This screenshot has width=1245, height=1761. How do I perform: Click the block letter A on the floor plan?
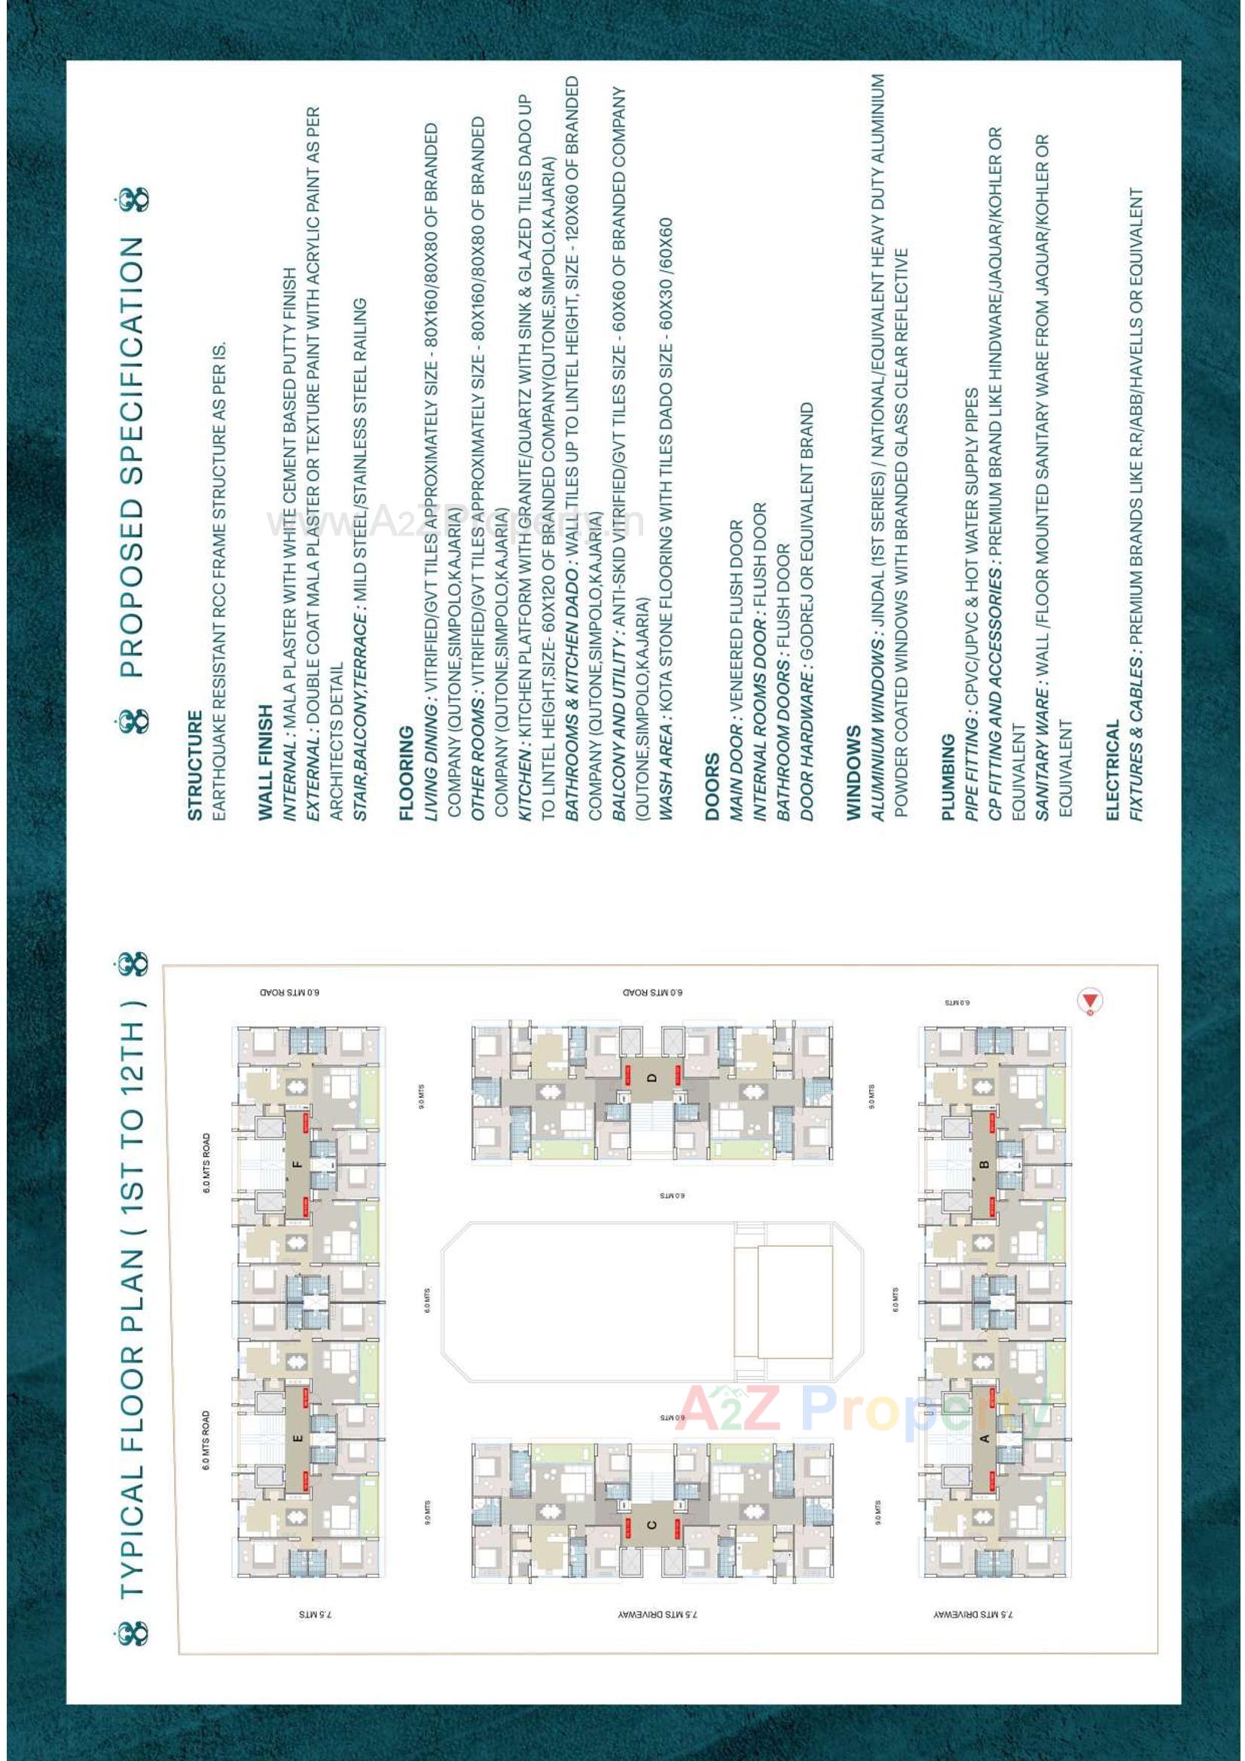(x=984, y=1438)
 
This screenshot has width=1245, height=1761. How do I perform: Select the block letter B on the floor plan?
(x=984, y=1164)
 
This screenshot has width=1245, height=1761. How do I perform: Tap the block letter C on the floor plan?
(x=652, y=1524)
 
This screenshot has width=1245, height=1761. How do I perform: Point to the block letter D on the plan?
(x=652, y=1077)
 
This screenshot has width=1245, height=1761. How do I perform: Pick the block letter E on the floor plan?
(x=298, y=1438)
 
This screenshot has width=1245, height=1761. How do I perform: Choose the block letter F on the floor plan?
(x=298, y=1164)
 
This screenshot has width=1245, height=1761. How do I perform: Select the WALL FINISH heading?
(x=265, y=762)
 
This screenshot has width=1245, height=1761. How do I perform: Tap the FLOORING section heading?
(x=406, y=773)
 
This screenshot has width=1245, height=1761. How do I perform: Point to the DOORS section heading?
(x=712, y=786)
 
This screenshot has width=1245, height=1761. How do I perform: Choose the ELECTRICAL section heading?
(x=1113, y=769)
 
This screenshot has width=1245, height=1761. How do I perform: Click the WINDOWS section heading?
(x=853, y=773)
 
